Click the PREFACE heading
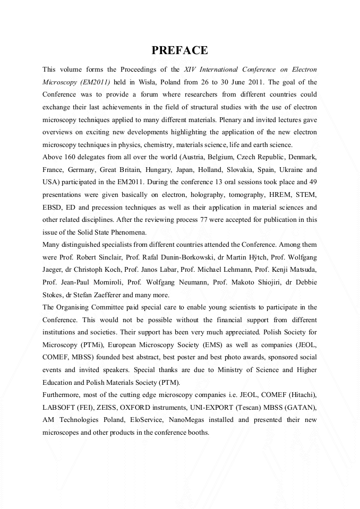pyautogui.click(x=179, y=50)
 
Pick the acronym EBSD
pyautogui.click(x=53, y=207)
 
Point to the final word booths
pyautogui.click(x=199, y=432)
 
